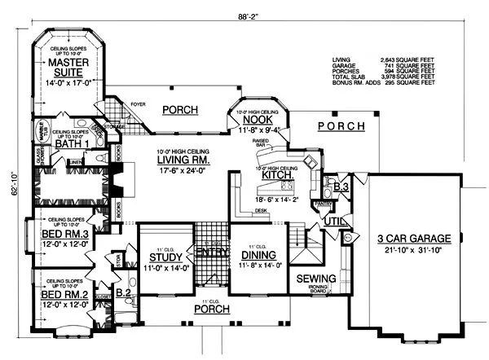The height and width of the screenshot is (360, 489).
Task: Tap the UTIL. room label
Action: [333, 222]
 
